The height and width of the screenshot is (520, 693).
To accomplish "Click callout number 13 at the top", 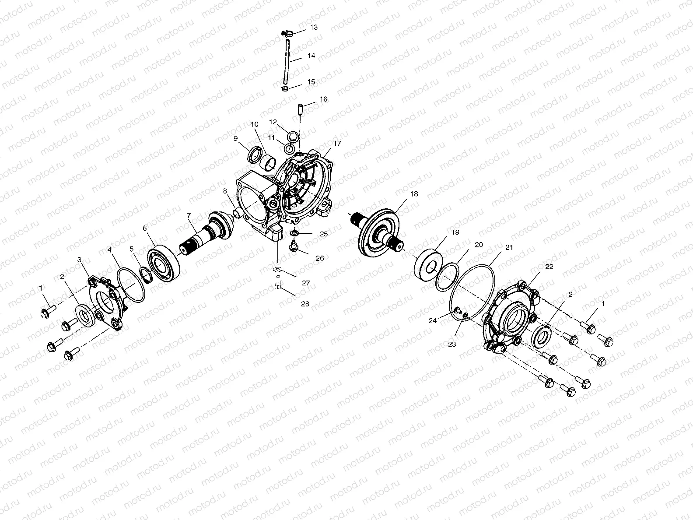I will click(314, 27).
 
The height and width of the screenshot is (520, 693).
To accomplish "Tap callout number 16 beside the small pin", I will click(323, 99).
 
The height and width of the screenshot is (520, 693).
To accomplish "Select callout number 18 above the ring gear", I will click(414, 193).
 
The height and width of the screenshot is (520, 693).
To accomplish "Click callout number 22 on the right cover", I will click(549, 267).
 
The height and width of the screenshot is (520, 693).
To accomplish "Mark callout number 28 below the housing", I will click(305, 303).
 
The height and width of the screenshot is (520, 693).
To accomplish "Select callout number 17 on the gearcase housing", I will click(337, 143).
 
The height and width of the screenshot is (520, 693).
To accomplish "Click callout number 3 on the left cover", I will click(79, 260).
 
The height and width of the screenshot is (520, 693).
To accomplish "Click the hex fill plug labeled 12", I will click(294, 136).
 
